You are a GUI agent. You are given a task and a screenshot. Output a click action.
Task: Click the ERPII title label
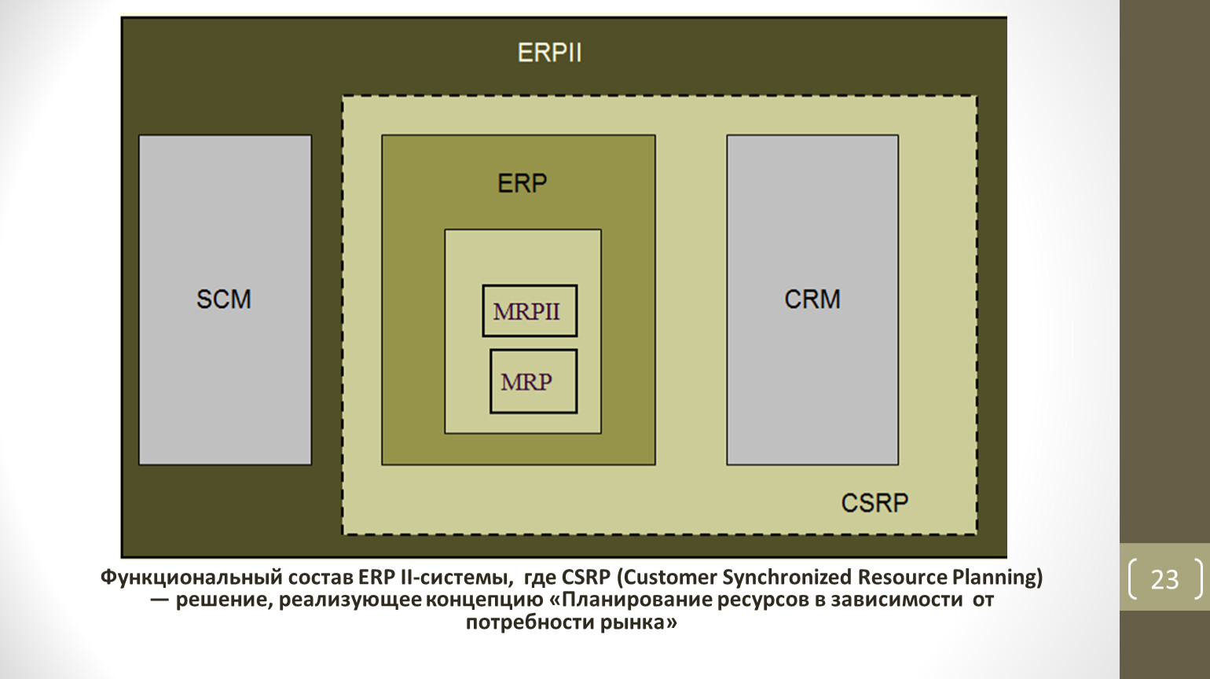click(x=549, y=53)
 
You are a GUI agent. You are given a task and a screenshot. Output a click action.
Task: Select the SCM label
click(x=224, y=299)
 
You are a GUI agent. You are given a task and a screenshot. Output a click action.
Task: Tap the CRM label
click(x=812, y=299)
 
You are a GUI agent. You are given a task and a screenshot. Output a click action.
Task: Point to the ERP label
click(x=522, y=183)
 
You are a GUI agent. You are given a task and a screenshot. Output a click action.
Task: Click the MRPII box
click(x=530, y=311)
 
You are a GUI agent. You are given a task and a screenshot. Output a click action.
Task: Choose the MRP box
click(x=533, y=382)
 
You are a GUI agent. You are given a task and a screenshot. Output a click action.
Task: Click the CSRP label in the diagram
click(x=874, y=503)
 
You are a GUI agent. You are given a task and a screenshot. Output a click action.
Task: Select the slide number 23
click(x=1164, y=579)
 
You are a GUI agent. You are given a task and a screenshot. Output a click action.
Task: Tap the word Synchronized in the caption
click(x=786, y=578)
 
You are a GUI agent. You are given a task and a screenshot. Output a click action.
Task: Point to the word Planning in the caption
click(x=996, y=578)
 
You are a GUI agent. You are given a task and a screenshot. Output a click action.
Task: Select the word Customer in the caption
click(x=667, y=578)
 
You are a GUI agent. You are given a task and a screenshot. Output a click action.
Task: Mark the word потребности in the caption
click(x=530, y=623)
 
